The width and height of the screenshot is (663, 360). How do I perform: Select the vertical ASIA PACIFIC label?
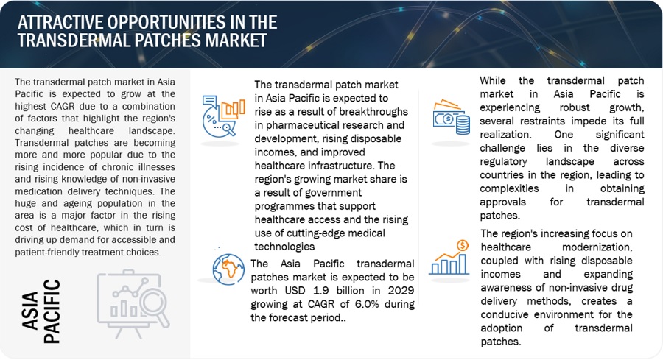coord(41,311)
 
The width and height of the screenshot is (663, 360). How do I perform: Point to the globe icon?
coord(228,269)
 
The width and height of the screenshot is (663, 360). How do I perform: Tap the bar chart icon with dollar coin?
coord(449,258)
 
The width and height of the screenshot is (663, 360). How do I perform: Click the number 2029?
coord(401,291)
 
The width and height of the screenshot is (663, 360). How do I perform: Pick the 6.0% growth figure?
coord(366,304)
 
